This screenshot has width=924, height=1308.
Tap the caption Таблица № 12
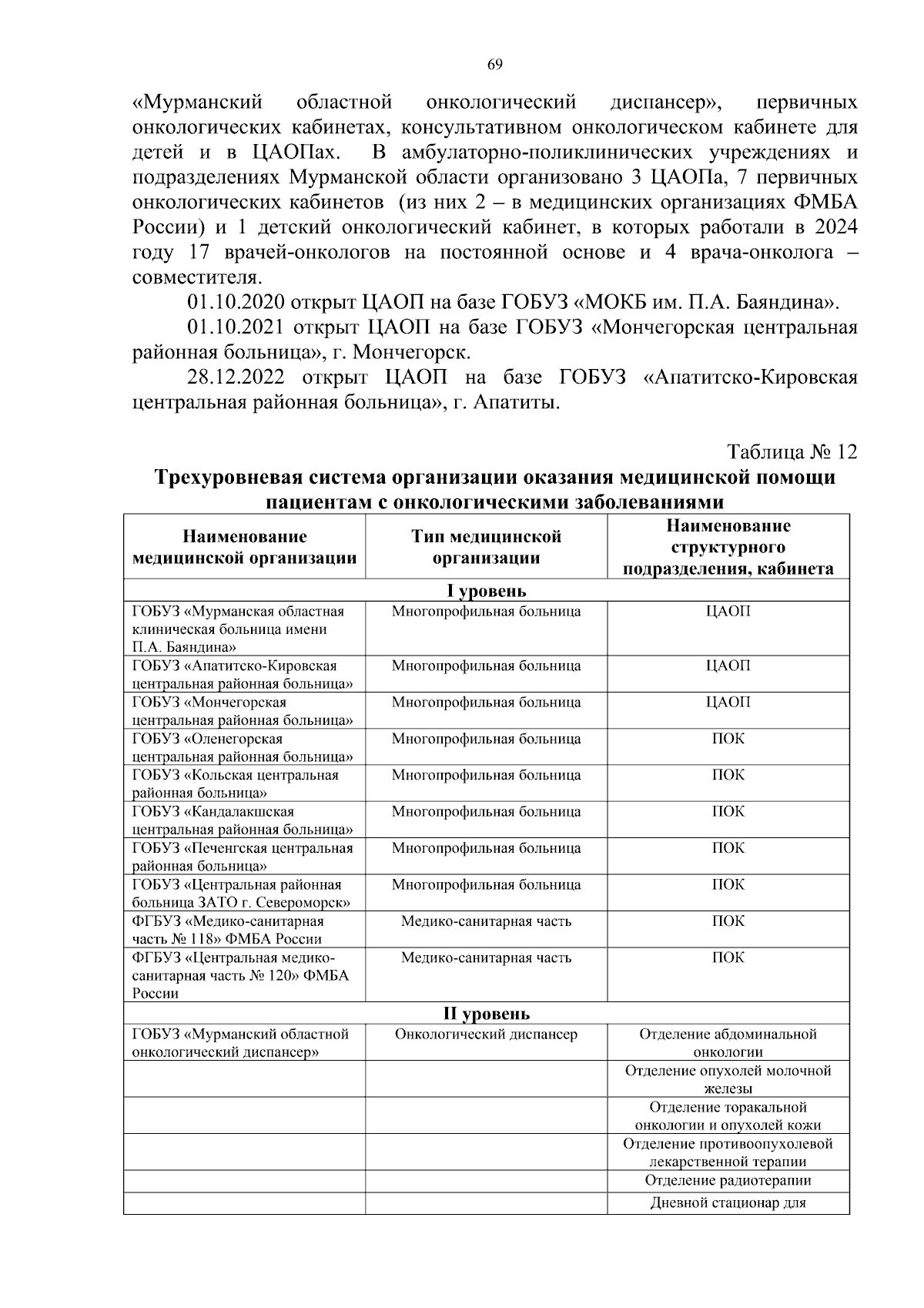coord(792,451)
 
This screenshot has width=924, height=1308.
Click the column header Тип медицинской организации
coord(486,547)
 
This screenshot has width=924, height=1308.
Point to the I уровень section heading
coord(486,591)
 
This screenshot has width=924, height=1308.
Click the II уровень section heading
coord(486,1013)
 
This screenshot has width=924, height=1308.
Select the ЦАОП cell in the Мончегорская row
coord(728,702)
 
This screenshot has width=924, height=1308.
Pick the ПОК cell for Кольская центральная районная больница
coord(728,775)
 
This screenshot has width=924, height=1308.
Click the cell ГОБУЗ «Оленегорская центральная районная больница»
coord(243,747)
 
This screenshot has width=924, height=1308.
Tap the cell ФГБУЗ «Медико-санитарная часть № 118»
coord(228,930)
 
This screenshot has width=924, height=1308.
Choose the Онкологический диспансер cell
coord(486,1034)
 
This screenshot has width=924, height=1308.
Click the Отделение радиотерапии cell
coord(728,1180)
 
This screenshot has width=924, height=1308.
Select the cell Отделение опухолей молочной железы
coord(728,1079)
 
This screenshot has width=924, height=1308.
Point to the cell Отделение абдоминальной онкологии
coord(728,1042)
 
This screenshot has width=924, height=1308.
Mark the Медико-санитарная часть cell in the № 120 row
coord(486,958)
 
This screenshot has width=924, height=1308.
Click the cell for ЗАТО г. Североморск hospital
coord(242,893)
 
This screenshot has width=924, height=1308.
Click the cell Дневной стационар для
coord(728,1203)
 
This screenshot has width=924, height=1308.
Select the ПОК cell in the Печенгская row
coord(728,847)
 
